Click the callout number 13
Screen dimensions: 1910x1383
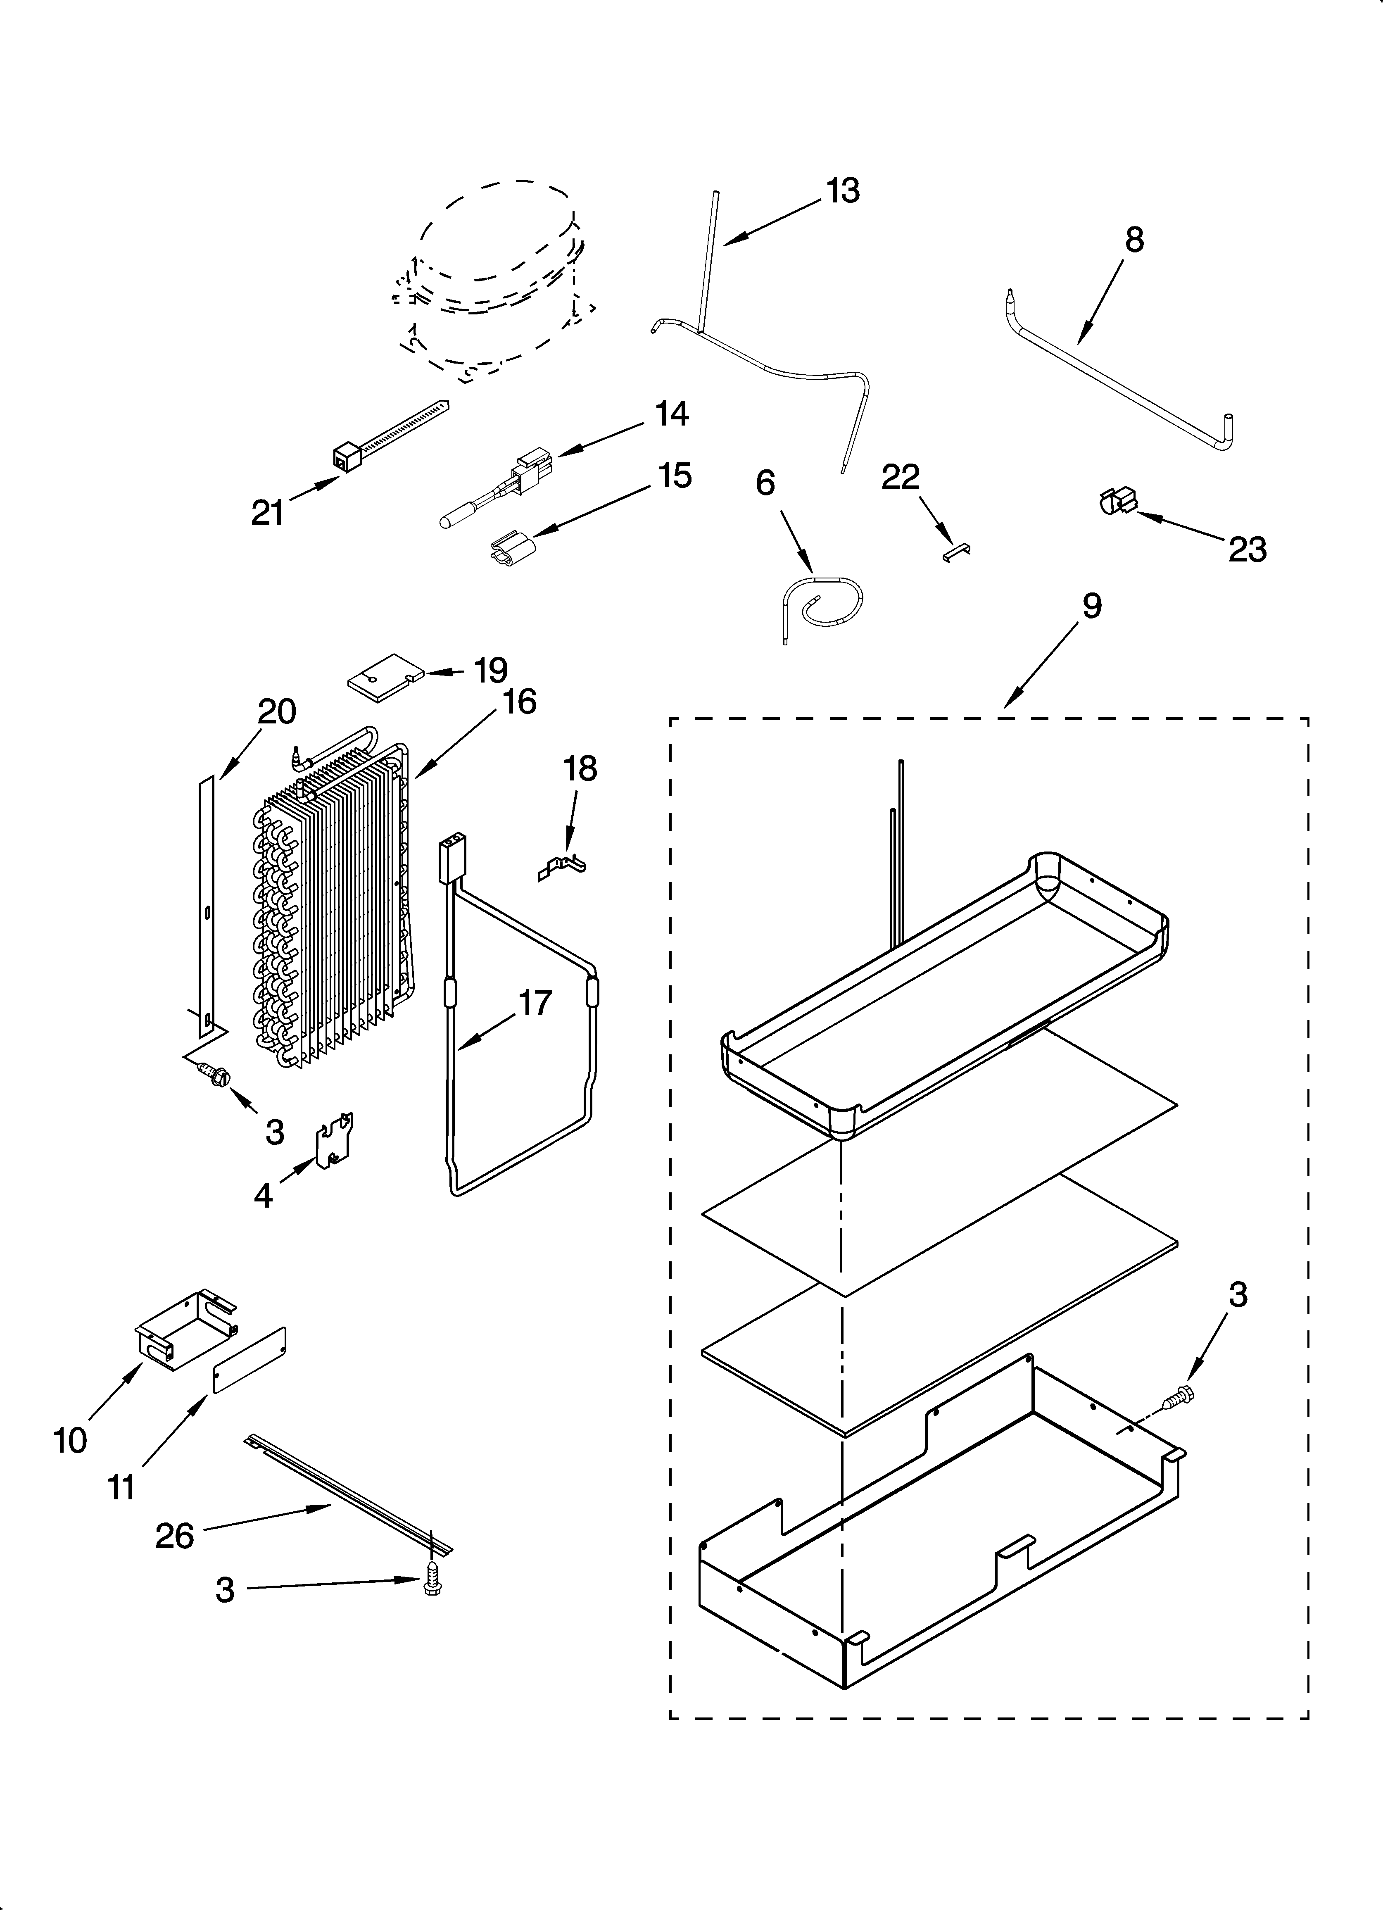[842, 191]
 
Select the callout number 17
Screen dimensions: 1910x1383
[535, 1003]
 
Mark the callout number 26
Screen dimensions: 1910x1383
[174, 1537]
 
